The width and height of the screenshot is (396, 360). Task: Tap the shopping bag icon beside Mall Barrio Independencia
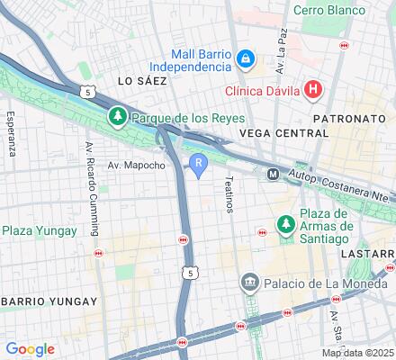pos(246,59)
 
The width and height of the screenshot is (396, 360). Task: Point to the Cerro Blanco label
pos(329,10)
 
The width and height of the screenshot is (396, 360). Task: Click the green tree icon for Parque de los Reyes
pos(117,117)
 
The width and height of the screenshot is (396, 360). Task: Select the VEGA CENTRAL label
pos(283,132)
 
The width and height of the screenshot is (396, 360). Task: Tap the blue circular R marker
pos(198,163)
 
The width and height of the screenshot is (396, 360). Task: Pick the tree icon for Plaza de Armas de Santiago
pos(285,222)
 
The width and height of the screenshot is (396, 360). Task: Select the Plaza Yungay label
pos(31,230)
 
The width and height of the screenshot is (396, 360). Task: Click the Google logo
pos(30,348)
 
